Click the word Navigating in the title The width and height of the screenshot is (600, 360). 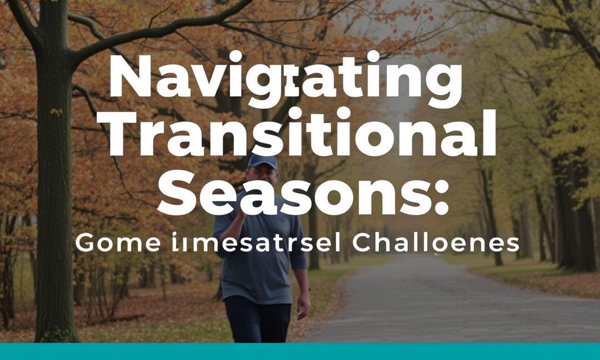285,82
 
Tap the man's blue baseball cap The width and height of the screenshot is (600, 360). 262,161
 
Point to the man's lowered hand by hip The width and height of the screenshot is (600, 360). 303,306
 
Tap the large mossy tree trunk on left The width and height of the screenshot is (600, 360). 54,222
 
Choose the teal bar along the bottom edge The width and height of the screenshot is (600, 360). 300,351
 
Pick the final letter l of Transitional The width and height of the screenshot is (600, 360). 489,132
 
